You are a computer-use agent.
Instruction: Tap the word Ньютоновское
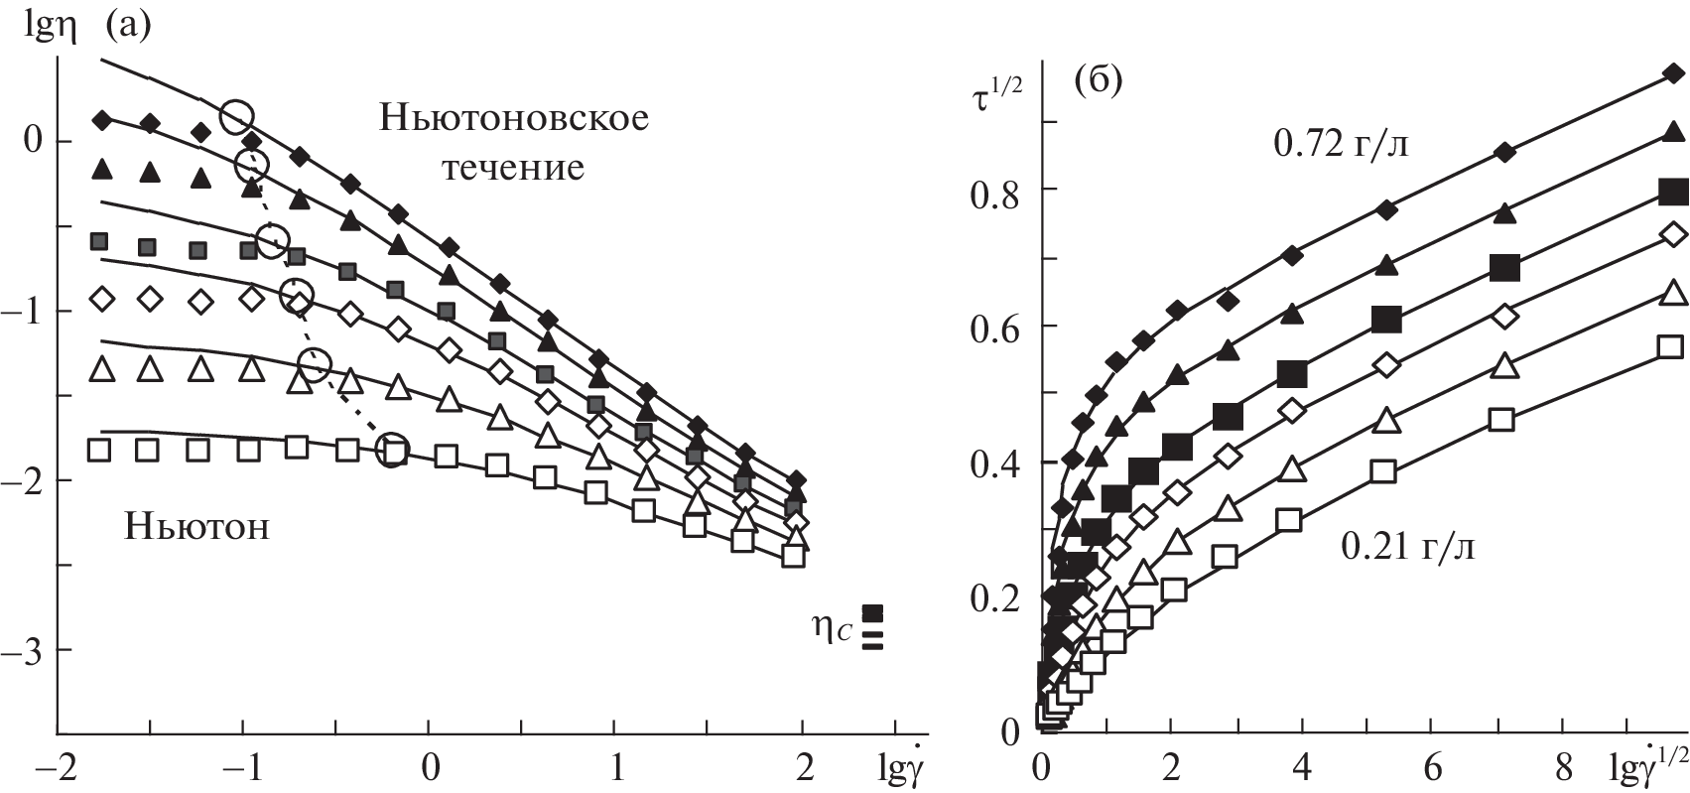514,118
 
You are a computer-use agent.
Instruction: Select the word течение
513,167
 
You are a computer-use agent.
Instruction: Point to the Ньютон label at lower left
196,525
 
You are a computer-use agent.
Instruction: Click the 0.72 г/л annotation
1341,146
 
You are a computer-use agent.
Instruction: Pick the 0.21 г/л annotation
1407,545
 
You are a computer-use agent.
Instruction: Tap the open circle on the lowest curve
393,450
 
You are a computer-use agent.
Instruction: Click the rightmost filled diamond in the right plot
1673,73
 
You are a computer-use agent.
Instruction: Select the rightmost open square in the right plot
1671,346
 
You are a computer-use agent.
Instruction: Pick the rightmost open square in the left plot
792,556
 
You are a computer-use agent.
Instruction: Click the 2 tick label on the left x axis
803,770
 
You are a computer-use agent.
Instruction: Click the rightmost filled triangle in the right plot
1673,133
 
